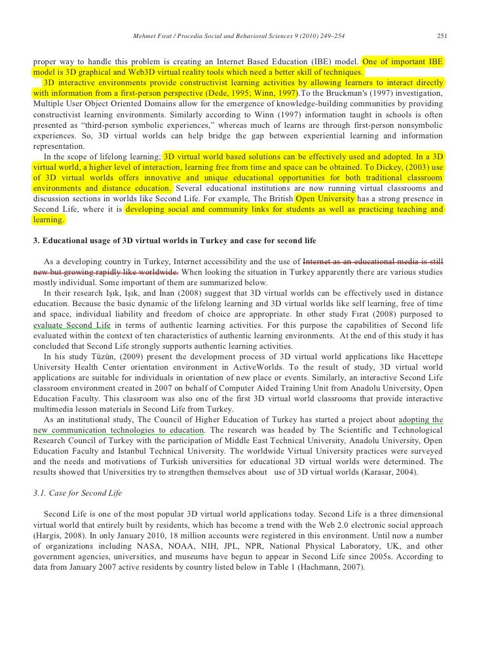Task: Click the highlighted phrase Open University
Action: click(326, 198)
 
